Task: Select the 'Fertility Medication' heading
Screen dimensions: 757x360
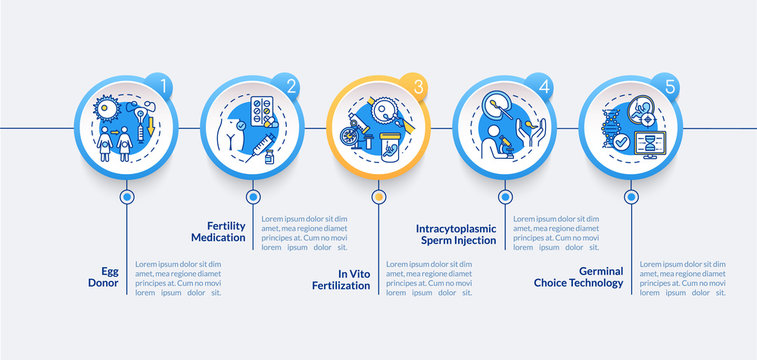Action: (220, 232)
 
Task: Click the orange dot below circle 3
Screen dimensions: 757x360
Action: (379, 197)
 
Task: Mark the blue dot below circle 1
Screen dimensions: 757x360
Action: (127, 197)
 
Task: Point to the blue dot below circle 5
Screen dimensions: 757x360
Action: (631, 197)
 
